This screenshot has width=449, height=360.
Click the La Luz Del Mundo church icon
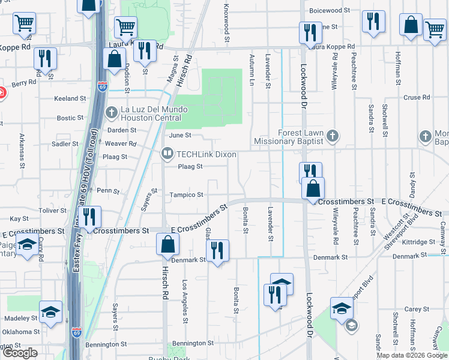tap(112, 112)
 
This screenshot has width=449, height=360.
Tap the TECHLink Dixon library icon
tap(167, 154)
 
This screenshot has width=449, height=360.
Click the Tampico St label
tap(186, 195)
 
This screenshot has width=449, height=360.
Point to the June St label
tap(179, 135)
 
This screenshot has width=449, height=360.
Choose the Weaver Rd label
tap(120, 143)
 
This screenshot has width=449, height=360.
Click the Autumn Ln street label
tap(252, 71)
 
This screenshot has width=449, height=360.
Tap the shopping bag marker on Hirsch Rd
tap(167, 245)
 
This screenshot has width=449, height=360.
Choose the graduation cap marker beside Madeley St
tap(51, 311)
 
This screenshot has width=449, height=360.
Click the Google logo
tap(19, 353)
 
